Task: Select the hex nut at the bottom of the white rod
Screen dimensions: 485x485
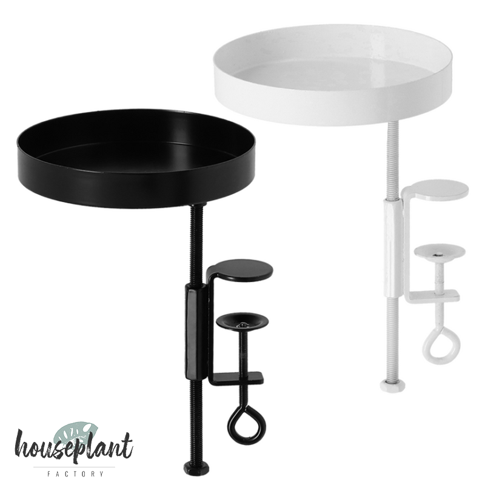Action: coord(392,385)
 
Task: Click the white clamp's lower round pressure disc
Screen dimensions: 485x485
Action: coord(439,251)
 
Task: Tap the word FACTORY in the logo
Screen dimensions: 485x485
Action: coord(75,473)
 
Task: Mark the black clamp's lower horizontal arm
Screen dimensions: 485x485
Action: coord(236,378)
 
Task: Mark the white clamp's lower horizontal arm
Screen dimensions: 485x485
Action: coord(432,296)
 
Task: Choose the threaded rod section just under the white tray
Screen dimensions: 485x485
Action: coord(392,161)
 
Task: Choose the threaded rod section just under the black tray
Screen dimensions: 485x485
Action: coord(196,244)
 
